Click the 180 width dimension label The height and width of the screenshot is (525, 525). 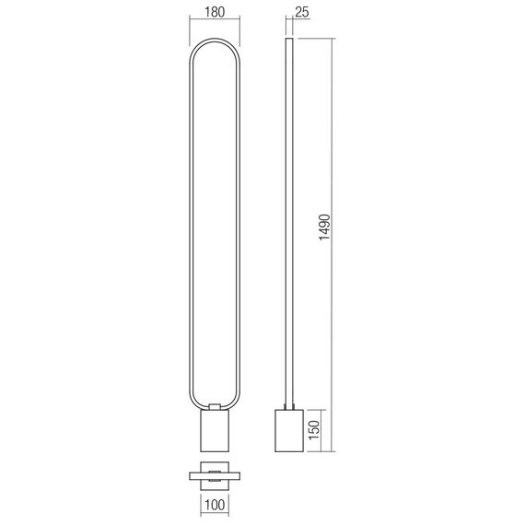click(x=214, y=15)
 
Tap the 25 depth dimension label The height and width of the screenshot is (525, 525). click(x=302, y=15)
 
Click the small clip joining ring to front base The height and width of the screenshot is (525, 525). click(x=214, y=406)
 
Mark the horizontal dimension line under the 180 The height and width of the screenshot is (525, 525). click(x=214, y=27)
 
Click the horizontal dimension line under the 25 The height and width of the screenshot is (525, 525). click(x=292, y=27)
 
